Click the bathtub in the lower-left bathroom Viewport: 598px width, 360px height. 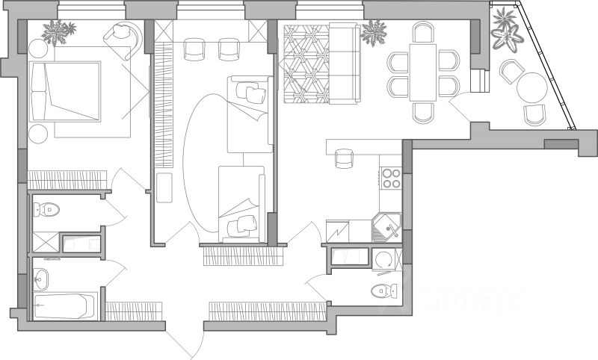(x=66, y=305)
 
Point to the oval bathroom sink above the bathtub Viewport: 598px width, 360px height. (x=41, y=279)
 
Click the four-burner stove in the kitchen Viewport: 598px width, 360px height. (x=391, y=178)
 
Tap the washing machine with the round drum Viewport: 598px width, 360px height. (x=385, y=260)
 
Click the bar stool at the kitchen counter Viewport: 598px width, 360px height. (x=344, y=158)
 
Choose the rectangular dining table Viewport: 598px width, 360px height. (x=422, y=71)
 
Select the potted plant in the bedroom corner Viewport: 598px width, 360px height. (x=58, y=31)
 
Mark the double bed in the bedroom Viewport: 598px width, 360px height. (x=66, y=91)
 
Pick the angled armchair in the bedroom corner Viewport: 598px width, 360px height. (x=123, y=39)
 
